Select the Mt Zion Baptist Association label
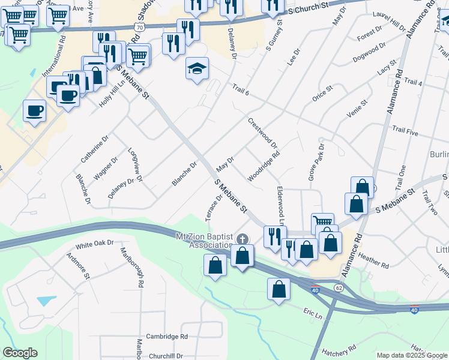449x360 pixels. point(203,241)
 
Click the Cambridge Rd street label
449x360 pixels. point(167,337)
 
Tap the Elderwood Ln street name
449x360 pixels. point(280,202)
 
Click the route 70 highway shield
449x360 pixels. point(139,28)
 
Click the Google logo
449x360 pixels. point(20,353)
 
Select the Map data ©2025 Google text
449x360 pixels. point(412,355)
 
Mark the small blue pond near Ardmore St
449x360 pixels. point(46,300)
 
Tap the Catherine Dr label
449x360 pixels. point(94,149)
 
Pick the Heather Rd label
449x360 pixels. point(373,260)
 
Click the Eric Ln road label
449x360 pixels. point(313,314)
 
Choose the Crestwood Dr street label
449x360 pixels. point(262,133)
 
